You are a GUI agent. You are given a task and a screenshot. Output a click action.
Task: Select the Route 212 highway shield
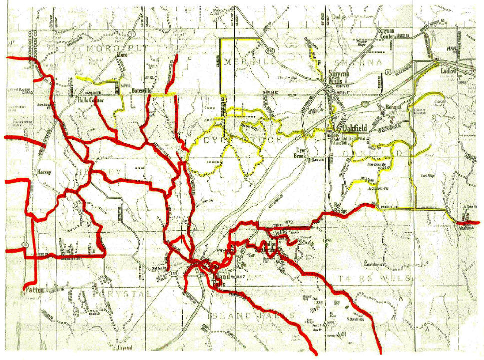coord(270,51)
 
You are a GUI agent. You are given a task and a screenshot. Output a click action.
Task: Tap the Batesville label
coord(141,91)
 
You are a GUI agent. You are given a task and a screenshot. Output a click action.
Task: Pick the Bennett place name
coord(394,108)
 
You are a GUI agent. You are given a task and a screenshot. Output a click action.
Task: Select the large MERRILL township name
coord(243,61)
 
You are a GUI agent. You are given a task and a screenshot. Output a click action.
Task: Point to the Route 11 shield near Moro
coord(131,33)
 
